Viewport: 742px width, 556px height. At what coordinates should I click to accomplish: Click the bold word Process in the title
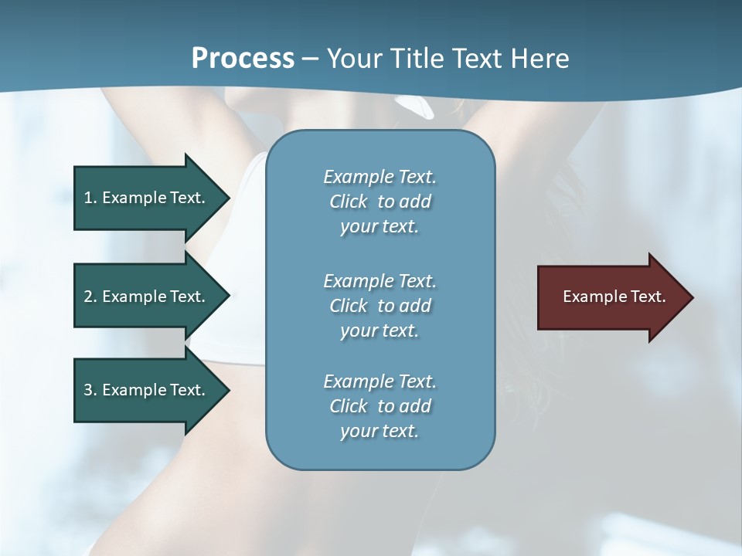(x=243, y=59)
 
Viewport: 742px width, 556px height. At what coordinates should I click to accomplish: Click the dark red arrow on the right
(x=611, y=297)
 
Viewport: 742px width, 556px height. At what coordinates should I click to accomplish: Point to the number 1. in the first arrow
(x=90, y=198)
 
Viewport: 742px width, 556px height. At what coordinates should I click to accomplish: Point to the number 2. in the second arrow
(x=90, y=297)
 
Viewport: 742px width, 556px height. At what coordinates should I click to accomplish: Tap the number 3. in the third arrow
(x=90, y=390)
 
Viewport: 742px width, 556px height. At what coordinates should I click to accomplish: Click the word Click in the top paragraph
(x=349, y=202)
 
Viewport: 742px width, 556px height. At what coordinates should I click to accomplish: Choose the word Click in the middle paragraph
(x=349, y=306)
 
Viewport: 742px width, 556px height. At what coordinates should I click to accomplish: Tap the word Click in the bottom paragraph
(x=349, y=406)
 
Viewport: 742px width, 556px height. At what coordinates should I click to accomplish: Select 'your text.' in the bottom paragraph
(x=380, y=431)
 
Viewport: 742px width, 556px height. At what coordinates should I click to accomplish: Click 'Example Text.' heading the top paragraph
(x=380, y=177)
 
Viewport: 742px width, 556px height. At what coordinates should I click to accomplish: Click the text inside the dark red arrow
(x=614, y=297)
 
